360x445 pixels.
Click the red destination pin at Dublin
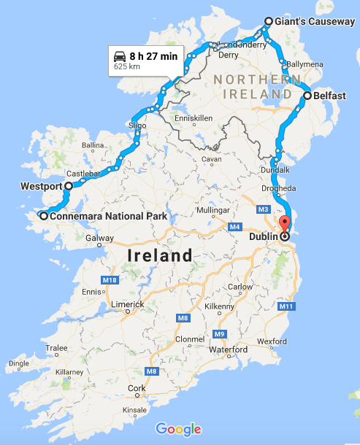285,225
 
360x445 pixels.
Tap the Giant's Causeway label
315,22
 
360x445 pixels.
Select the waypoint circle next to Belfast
307,95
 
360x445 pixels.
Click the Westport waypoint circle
68,186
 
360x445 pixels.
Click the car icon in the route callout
119,56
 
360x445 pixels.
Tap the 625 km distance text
126,67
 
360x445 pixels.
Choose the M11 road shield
286,306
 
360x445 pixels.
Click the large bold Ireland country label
160,256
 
